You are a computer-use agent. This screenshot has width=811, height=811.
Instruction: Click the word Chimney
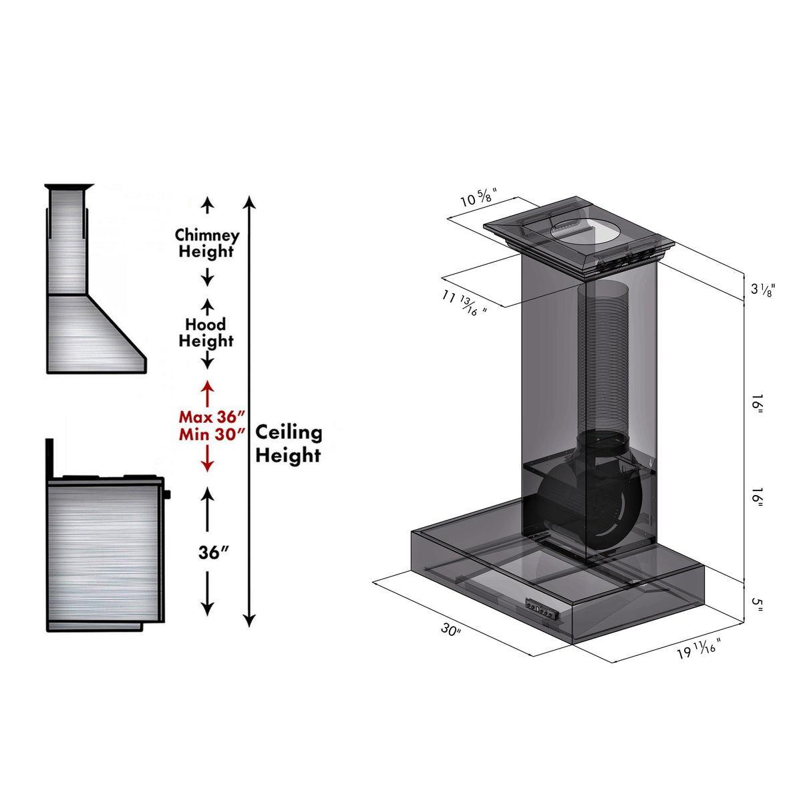click(x=207, y=236)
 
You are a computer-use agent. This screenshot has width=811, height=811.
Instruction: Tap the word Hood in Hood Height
click(x=205, y=325)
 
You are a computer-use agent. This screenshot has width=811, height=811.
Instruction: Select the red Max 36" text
click(x=212, y=417)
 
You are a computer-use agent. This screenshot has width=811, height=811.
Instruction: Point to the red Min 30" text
click(x=212, y=434)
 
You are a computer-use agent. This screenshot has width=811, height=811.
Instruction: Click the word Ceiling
click(x=289, y=432)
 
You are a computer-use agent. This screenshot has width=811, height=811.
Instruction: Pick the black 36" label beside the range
click(x=213, y=552)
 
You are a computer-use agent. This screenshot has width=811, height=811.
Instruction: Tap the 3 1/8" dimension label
click(x=762, y=289)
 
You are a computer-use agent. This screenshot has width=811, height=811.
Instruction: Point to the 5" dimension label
click(x=757, y=604)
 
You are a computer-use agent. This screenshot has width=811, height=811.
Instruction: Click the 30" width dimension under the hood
click(x=451, y=629)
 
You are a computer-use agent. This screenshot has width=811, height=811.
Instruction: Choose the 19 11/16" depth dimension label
click(x=699, y=649)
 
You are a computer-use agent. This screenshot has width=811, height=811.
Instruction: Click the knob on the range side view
click(x=166, y=494)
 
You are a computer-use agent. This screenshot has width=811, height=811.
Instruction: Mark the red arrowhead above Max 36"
click(x=208, y=386)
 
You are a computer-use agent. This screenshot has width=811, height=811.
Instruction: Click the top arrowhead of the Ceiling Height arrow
click(x=249, y=201)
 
